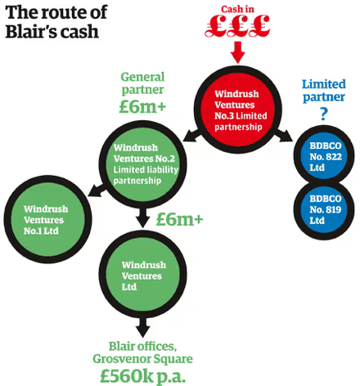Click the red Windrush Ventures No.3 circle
pos(237,110)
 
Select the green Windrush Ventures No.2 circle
pos(143,164)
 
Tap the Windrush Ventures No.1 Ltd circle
pos(47,219)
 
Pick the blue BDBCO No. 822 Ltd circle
pos(324,155)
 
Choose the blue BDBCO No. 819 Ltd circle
pos(324,209)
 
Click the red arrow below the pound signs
pos(237,52)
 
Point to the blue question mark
pos(324,114)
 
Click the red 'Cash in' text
pos(237,9)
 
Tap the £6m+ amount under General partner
pos(142,106)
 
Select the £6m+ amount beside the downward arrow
pos(180,219)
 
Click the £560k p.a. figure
pos(142,376)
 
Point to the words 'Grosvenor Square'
pos(142,359)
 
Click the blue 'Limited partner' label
pos(324,91)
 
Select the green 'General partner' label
pos(142,83)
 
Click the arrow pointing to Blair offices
pos(143,327)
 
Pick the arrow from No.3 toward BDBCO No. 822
pos(282,135)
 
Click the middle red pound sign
pos(237,26)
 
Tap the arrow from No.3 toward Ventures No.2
pos(192,135)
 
